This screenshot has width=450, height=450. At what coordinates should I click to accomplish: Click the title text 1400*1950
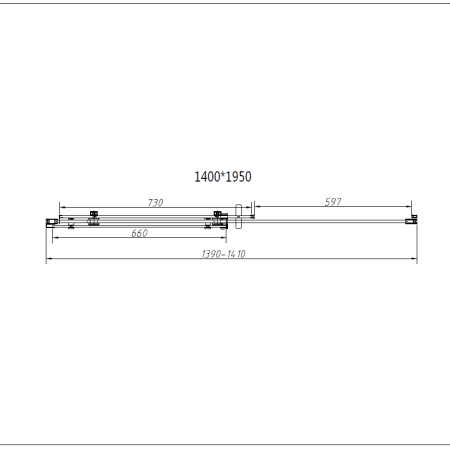pyautogui.click(x=223, y=177)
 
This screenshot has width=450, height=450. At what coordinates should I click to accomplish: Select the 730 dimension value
pyautogui.click(x=155, y=203)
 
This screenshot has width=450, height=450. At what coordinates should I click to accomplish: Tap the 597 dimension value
pyautogui.click(x=333, y=202)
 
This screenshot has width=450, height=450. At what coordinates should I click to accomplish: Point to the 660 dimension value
pyautogui.click(x=139, y=233)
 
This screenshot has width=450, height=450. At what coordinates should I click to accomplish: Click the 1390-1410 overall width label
pyautogui.click(x=224, y=254)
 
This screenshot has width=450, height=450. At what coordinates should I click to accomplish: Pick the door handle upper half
pyautogui.click(x=238, y=210)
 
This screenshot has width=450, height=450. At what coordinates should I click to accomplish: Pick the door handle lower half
pyautogui.click(x=238, y=223)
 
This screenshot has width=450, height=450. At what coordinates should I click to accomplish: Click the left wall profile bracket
pyautogui.click(x=51, y=223)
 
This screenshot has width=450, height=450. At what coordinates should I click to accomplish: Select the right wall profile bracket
pyautogui.click(x=411, y=220)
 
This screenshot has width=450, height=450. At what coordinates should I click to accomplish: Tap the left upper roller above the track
pyautogui.click(x=94, y=214)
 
